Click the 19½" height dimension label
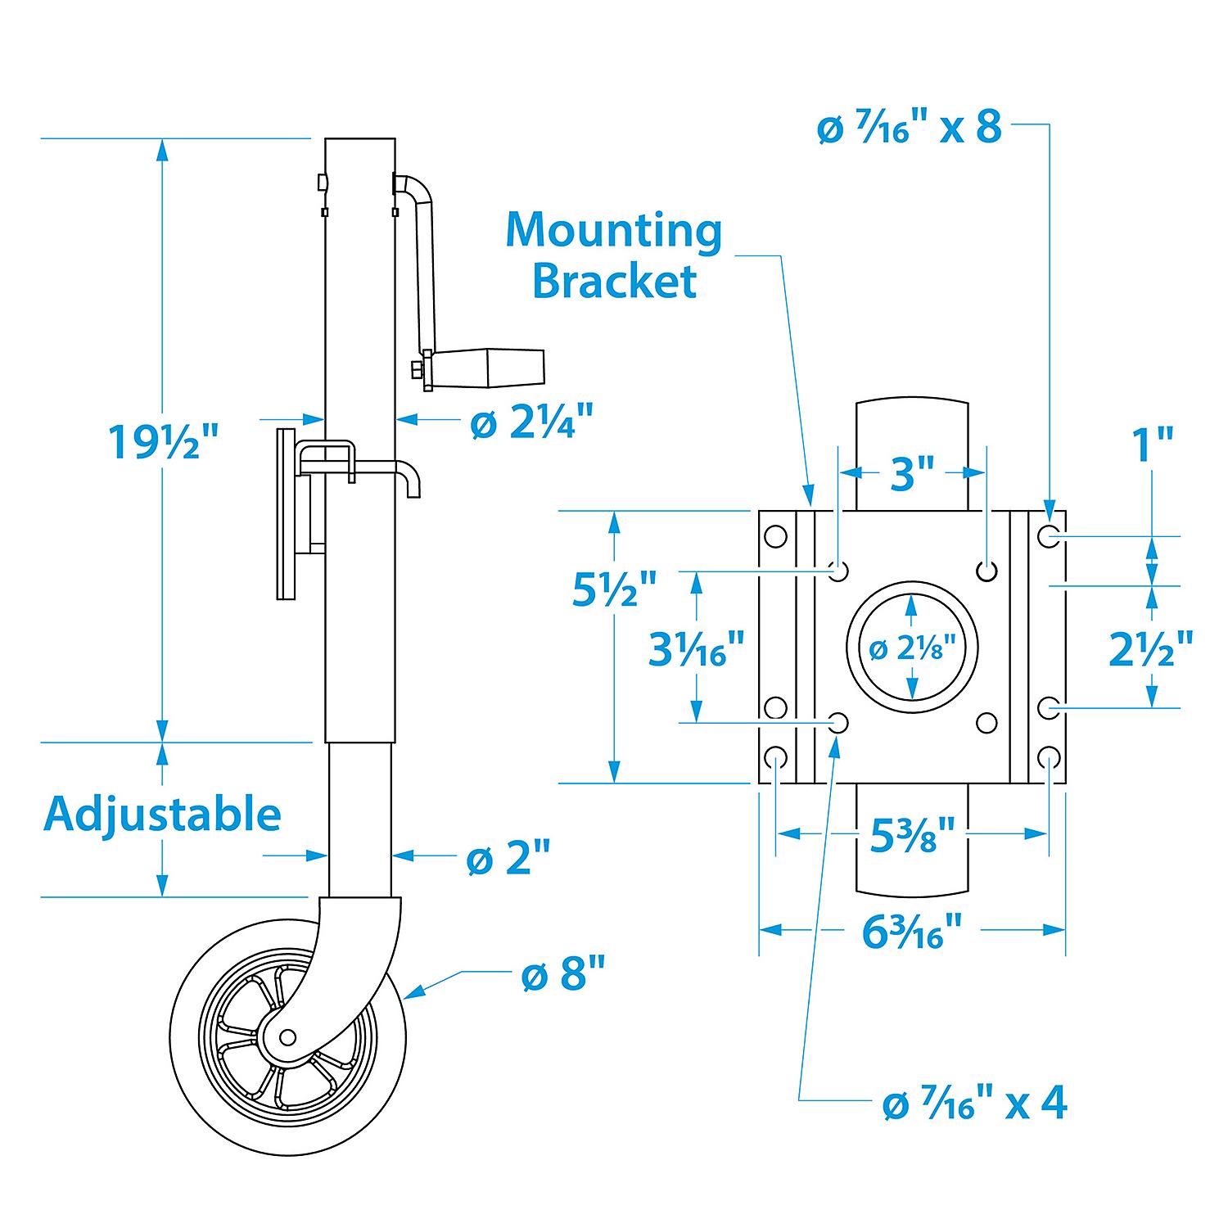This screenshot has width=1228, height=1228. (165, 443)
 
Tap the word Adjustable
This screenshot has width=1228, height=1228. (161, 814)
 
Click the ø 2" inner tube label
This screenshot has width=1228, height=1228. (508, 859)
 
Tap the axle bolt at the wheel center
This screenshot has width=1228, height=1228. (287, 1037)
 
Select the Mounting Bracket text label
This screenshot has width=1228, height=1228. (614, 255)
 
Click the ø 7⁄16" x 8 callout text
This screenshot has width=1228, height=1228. (909, 129)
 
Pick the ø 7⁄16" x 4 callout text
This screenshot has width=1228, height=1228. (974, 1104)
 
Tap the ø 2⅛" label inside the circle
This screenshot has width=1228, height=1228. (913, 649)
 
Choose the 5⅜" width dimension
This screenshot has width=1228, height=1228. (912, 835)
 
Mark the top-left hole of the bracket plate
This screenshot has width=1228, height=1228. (774, 537)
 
